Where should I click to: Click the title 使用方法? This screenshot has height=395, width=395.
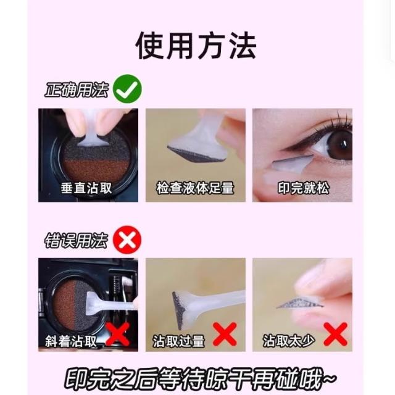pos(196,46)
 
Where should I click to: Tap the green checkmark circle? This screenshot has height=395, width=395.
pos(127,89)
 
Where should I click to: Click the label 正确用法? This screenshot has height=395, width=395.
pos(77,89)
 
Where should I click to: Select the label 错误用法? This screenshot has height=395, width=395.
pos(76,241)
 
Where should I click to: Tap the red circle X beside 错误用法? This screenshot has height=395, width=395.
pos(127,239)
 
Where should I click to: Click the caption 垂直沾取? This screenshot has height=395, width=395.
pos(86,188)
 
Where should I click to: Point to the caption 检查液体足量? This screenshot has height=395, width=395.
pos(195,188)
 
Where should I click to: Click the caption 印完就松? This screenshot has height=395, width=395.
pos(304,188)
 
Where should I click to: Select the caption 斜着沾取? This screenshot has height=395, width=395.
pos(72,341)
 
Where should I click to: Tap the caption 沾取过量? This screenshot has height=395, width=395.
pos(178,341)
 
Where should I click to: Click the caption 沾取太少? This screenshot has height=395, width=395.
pos(289,341)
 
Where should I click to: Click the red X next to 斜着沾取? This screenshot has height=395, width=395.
pos(118,334)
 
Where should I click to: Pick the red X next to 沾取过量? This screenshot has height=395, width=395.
pos(225,334)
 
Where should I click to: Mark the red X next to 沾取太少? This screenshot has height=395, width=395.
pos(336,334)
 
